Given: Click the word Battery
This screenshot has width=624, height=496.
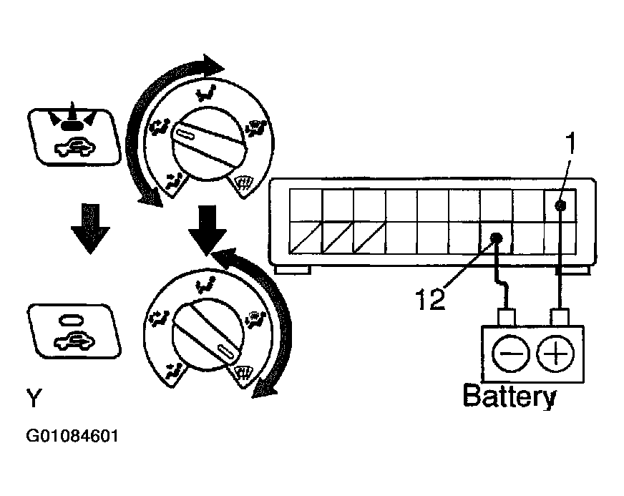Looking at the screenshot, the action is tap(510, 396).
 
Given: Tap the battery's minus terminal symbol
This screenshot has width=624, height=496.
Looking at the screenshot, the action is tap(511, 354).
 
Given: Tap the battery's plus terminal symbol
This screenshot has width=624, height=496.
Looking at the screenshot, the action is tap(555, 354).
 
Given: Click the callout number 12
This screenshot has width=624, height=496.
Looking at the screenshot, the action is tap(430, 299).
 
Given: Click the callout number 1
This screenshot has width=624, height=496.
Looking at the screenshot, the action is tap(571, 144).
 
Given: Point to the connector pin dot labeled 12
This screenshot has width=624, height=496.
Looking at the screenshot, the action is tap(496, 238).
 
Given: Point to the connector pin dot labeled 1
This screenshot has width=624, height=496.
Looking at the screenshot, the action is tap(560, 205).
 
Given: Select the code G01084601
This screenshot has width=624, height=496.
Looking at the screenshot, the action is tap(72, 436).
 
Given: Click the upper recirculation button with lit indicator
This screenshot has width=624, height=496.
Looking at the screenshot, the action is tap(74, 136).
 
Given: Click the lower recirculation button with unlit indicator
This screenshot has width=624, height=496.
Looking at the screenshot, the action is tap(74, 331).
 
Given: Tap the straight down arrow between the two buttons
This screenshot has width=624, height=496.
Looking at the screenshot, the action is tap(90, 229).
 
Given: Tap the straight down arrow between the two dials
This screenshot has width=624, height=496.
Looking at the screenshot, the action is tap(208, 230).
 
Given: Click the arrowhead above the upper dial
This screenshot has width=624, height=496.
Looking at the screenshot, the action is tap(214, 65).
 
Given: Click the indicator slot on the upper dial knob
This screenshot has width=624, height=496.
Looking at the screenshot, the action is tap(185, 135).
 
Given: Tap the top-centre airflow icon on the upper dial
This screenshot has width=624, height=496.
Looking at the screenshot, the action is tap(206, 93).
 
